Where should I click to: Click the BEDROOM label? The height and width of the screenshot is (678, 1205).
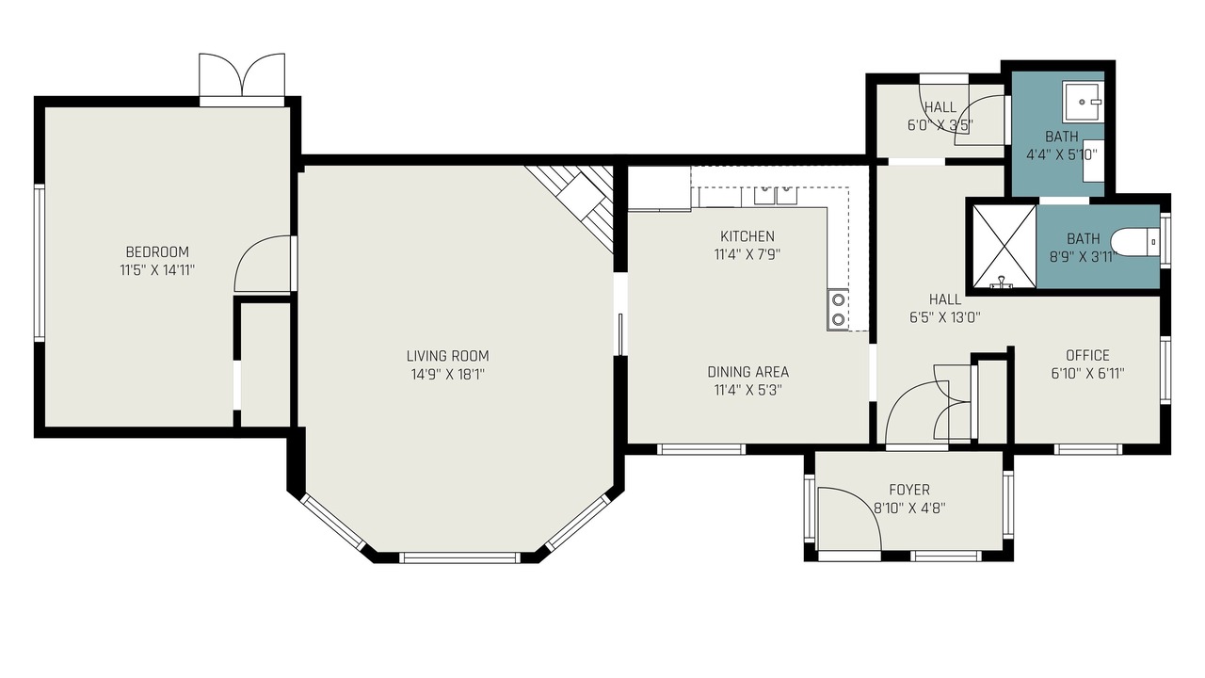(157, 251)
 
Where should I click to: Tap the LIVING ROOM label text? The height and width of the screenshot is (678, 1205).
(447, 356)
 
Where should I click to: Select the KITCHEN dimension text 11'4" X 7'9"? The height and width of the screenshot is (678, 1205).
(747, 254)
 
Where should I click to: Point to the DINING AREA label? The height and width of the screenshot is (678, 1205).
(747, 372)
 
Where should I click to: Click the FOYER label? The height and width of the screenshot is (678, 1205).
(909, 490)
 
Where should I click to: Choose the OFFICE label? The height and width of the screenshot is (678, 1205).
(1087, 355)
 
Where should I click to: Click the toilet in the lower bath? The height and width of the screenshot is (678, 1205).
(1134, 242)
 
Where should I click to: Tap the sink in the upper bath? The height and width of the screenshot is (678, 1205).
(1083, 102)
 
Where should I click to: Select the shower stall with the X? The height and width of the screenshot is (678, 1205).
(1004, 247)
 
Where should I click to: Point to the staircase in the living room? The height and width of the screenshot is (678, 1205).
(575, 206)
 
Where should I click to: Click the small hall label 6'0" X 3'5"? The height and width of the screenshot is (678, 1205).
(940, 125)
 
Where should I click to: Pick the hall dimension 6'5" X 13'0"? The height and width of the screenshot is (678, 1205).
(944, 317)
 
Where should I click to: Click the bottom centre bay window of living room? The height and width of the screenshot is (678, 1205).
(460, 557)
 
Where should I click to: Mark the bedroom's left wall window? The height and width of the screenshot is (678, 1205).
(39, 263)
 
